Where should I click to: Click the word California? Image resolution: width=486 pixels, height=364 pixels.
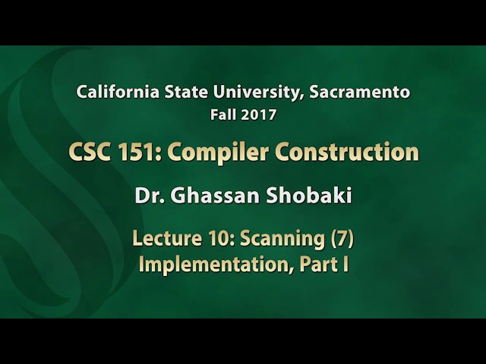pyautogui.click(x=115, y=93)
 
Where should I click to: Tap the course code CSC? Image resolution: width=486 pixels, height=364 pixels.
pyautogui.click(x=86, y=152)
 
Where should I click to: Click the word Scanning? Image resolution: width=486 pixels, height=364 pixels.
pyautogui.click(x=282, y=240)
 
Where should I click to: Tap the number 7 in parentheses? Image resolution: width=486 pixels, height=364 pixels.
pyautogui.click(x=342, y=240)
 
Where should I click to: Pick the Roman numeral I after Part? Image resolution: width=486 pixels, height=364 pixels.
pyautogui.click(x=344, y=266)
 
